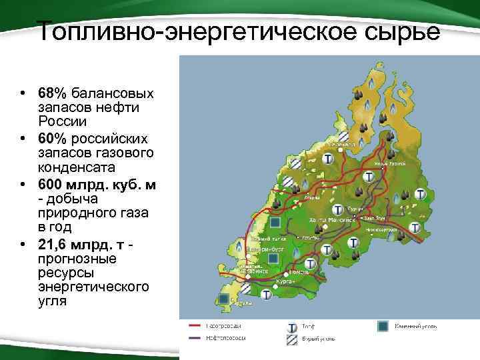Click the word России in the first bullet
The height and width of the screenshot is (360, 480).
(61, 122)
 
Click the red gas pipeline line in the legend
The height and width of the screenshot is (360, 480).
(196, 326)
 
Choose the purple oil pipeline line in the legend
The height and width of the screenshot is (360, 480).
(196, 339)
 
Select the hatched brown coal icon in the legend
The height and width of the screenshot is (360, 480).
(291, 340)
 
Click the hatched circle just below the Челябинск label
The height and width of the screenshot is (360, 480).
(246, 288)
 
